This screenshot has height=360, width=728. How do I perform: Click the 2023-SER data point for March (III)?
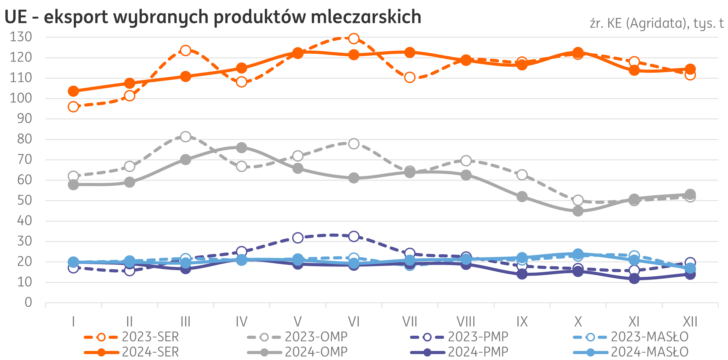pos(185,51)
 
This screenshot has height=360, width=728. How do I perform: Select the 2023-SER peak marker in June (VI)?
pos(354,38)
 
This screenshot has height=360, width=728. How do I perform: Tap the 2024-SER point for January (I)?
pos(74,91)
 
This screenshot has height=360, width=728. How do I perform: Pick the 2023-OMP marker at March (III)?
pos(185,137)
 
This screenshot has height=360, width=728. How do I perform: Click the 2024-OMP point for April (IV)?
pos(241,148)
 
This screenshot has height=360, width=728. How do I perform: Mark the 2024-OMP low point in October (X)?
pos(578,211)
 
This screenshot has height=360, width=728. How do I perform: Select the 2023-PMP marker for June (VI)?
pos(354,236)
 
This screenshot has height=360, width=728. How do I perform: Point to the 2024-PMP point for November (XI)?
pos(634,279)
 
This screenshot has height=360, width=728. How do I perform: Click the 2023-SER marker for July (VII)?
pos(410,77)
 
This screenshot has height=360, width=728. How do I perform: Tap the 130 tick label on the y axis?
pos(21,37)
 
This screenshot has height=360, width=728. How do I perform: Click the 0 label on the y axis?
pos(28,303)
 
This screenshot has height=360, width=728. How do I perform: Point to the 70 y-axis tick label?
pos(24,160)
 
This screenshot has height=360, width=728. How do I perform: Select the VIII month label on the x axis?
pos(466,322)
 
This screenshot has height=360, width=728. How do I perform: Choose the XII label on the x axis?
pos(690,322)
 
